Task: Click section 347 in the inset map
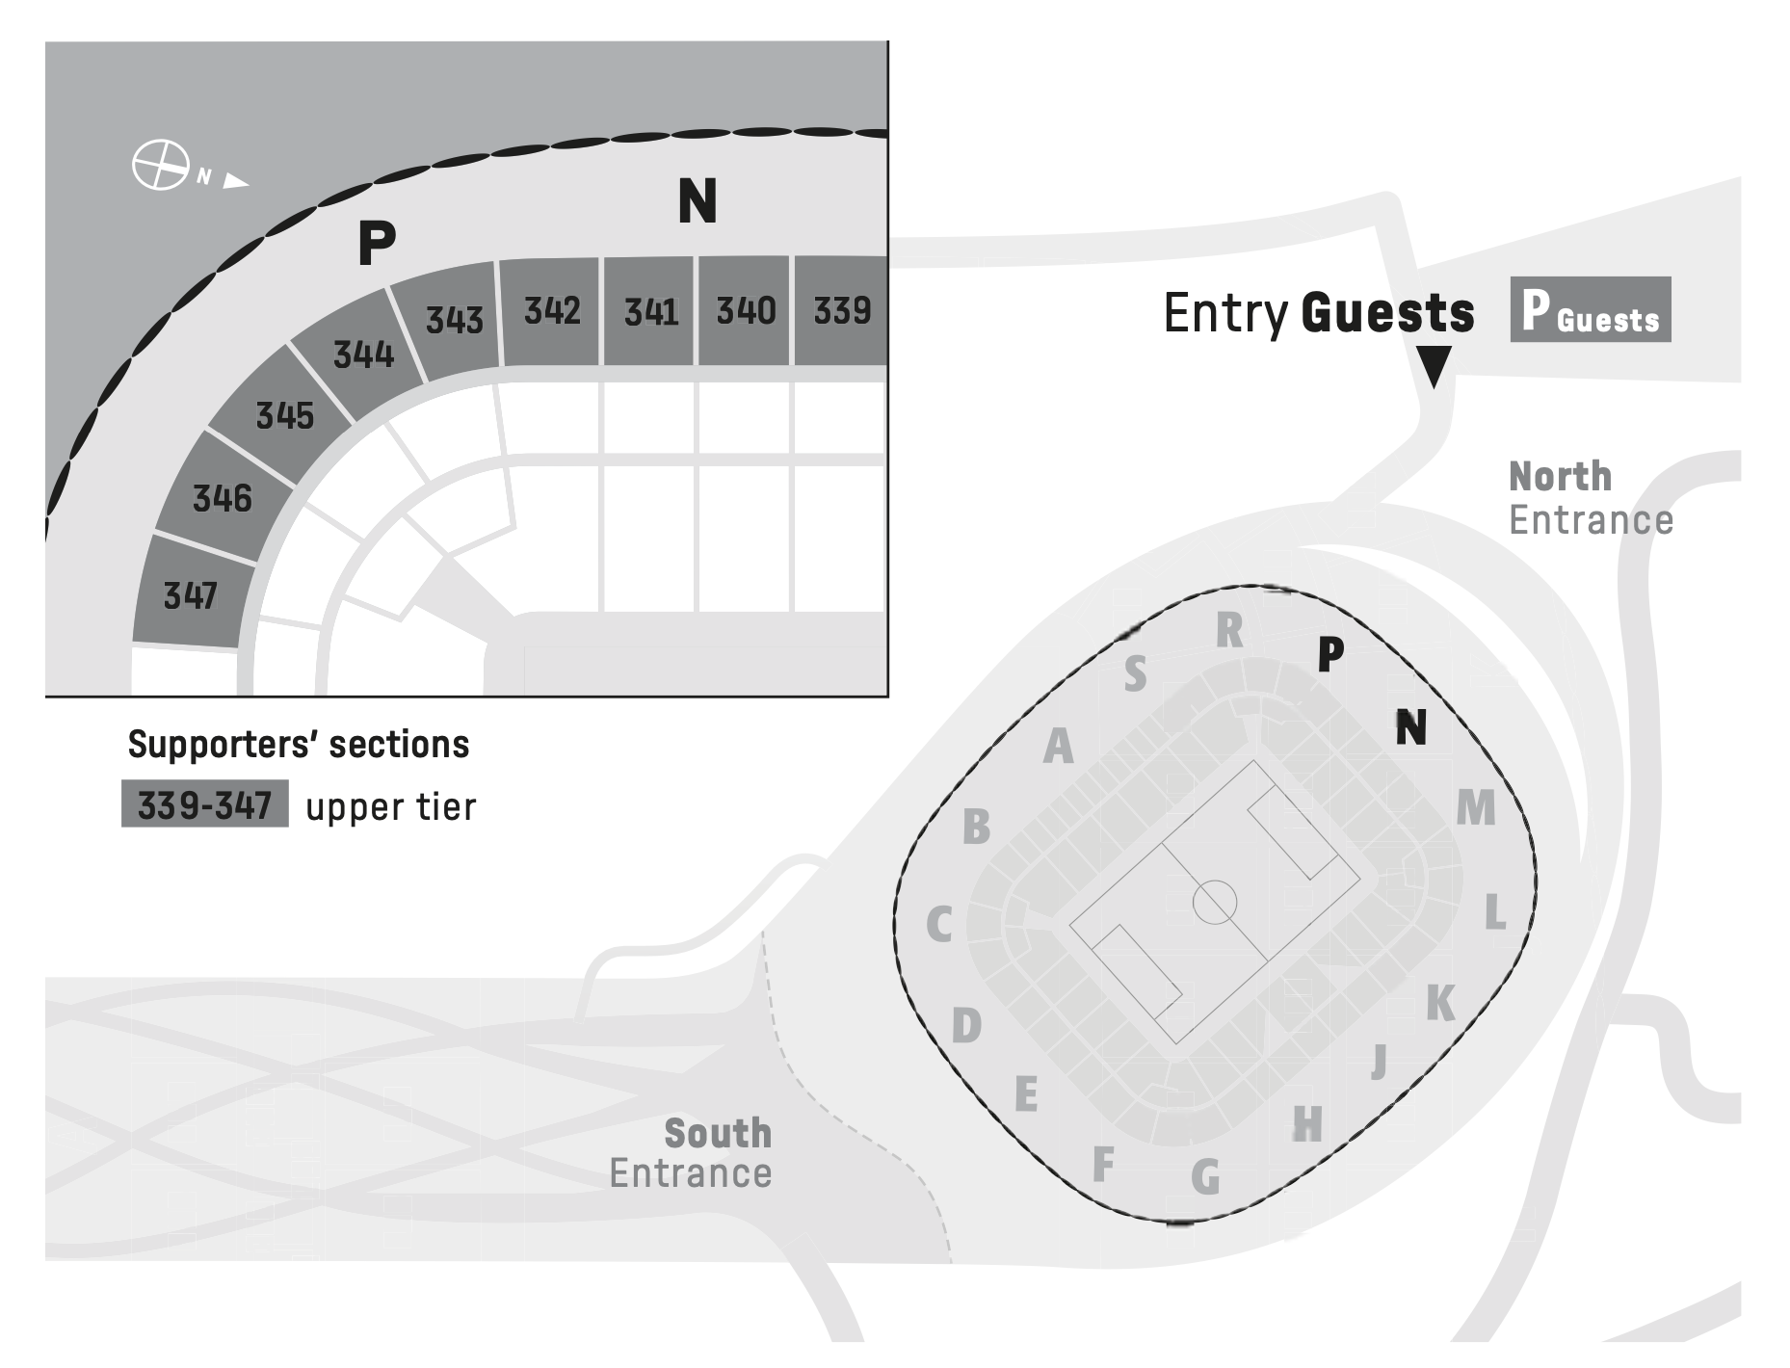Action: point(190,595)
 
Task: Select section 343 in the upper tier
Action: point(454,319)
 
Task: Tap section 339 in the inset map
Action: point(842,310)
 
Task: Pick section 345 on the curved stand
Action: point(284,415)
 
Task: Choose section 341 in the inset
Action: point(650,311)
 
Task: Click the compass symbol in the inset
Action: point(160,165)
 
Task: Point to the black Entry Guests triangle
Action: point(1434,366)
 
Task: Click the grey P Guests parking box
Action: point(1590,310)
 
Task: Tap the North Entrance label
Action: point(1590,498)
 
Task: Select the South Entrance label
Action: point(691,1153)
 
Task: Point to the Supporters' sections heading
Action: point(299,745)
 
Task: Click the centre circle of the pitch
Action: point(1214,902)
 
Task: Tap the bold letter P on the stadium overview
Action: point(1329,654)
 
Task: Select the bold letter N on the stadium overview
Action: point(1411,727)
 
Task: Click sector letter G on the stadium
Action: point(1205,1177)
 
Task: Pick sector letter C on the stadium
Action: point(939,925)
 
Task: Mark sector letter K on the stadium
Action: point(1440,1004)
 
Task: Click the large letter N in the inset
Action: point(698,201)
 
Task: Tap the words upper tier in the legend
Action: point(390,807)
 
